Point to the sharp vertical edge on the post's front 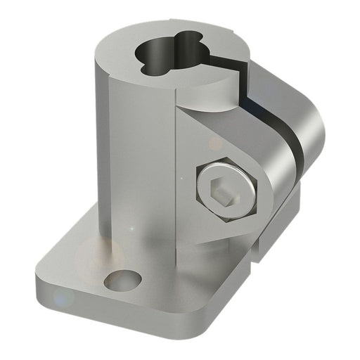174,176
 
